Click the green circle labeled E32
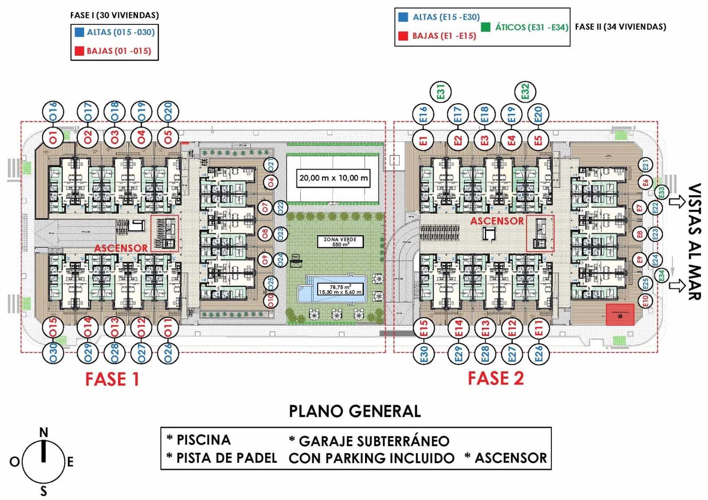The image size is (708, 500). [525, 92]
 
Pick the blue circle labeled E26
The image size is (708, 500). [539, 354]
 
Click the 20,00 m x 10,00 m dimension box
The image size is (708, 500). [333, 178]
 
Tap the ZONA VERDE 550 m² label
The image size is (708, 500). [340, 242]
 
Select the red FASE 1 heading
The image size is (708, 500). [112, 379]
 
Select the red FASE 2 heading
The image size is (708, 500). [496, 378]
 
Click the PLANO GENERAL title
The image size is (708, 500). [354, 411]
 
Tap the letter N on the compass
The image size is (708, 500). [43, 432]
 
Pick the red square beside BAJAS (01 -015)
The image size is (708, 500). [80, 51]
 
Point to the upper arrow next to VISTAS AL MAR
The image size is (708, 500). [677, 203]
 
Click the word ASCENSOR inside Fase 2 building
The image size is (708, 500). [496, 220]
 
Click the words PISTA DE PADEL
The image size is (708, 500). [227, 458]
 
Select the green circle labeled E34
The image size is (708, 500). [661, 275]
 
